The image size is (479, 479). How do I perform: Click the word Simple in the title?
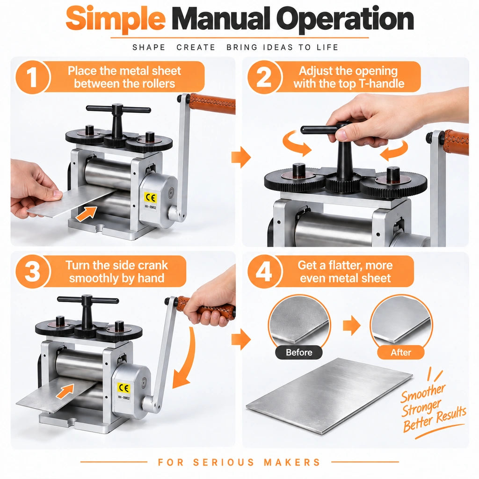pyautogui.click(x=116, y=19)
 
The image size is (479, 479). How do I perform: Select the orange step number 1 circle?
pyautogui.click(x=32, y=77)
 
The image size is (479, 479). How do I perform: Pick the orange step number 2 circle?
pyautogui.click(x=264, y=77)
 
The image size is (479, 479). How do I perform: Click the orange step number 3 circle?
pyautogui.click(x=32, y=271)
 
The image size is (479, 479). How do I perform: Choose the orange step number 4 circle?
pyautogui.click(x=264, y=271)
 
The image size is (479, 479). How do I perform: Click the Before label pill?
pyautogui.click(x=299, y=352)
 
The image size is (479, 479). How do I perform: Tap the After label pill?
pyautogui.click(x=401, y=352)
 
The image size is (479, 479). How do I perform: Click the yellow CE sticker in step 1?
pyautogui.click(x=150, y=198)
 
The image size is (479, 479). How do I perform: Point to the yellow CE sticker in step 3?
pyautogui.click(x=123, y=388)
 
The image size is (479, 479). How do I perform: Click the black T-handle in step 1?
pyautogui.click(x=118, y=119)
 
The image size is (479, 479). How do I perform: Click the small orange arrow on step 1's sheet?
pyautogui.click(x=87, y=213)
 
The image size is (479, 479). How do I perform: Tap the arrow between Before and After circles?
pyautogui.click(x=352, y=326)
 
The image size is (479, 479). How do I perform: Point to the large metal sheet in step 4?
pyautogui.click(x=329, y=396)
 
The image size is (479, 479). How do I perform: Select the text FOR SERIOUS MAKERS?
pyautogui.click(x=239, y=462)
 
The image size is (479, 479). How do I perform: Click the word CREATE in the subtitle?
pyautogui.click(x=196, y=47)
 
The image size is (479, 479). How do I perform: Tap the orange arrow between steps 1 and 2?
pyautogui.click(x=241, y=157)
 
